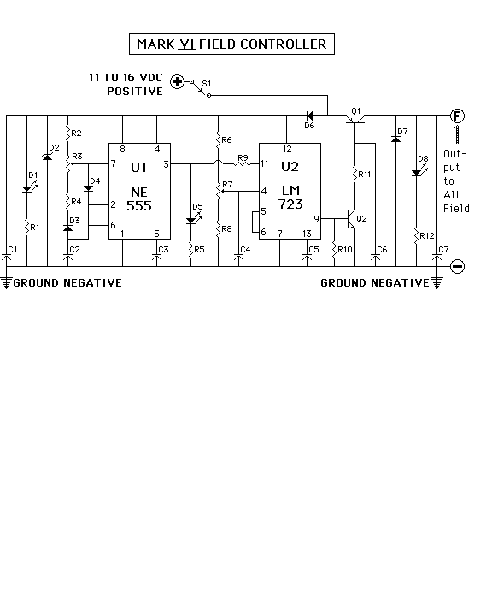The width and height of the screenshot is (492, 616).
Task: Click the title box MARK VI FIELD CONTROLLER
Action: (231, 44)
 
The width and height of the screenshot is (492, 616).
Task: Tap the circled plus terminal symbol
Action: (177, 82)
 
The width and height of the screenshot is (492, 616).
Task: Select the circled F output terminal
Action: (457, 115)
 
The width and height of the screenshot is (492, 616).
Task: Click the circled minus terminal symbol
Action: (458, 266)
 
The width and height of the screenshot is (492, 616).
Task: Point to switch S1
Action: (201, 89)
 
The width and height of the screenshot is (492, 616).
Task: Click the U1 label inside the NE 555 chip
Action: (139, 168)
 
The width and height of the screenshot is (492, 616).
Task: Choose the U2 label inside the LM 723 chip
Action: (290, 167)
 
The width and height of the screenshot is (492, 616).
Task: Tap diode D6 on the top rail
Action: (309, 115)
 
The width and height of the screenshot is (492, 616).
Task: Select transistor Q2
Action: (351, 218)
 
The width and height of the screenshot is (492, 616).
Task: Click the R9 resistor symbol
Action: (243, 163)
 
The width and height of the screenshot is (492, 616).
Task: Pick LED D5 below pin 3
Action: (191, 221)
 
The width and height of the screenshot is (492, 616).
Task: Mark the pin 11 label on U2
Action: (265, 163)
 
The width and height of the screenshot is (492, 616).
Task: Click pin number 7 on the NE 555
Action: (114, 163)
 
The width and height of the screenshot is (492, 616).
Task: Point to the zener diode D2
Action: (47, 157)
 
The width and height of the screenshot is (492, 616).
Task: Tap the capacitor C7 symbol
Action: (436, 258)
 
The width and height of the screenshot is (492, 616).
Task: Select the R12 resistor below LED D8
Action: (416, 236)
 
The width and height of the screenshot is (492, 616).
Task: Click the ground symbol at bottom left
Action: (6, 282)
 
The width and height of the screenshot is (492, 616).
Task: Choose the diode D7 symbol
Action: (395, 139)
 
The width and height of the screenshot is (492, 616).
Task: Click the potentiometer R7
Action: (219, 192)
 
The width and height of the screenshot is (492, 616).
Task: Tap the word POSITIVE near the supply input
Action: (135, 92)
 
